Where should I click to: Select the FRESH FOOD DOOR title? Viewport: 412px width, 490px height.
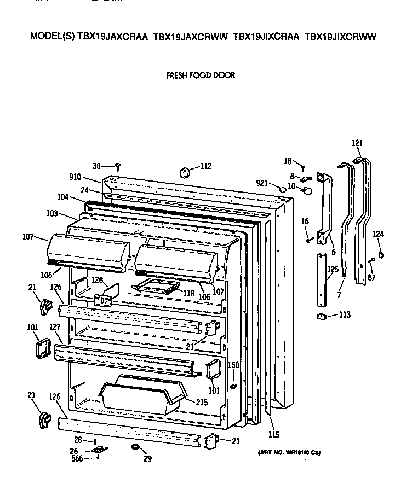(x=201, y=75)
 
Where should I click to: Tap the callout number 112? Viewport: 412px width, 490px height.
(x=205, y=167)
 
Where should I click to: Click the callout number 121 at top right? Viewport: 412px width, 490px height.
(x=357, y=143)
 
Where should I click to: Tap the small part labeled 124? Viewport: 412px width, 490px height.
(x=381, y=254)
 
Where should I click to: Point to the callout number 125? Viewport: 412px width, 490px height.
(x=332, y=270)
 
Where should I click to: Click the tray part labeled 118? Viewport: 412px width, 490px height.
(x=156, y=286)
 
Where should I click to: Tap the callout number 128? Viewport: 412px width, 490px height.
(x=96, y=279)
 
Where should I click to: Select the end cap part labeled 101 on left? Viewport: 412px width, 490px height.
(x=42, y=347)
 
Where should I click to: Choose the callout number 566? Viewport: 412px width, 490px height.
(x=77, y=459)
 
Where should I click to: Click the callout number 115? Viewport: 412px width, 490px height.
(x=274, y=435)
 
